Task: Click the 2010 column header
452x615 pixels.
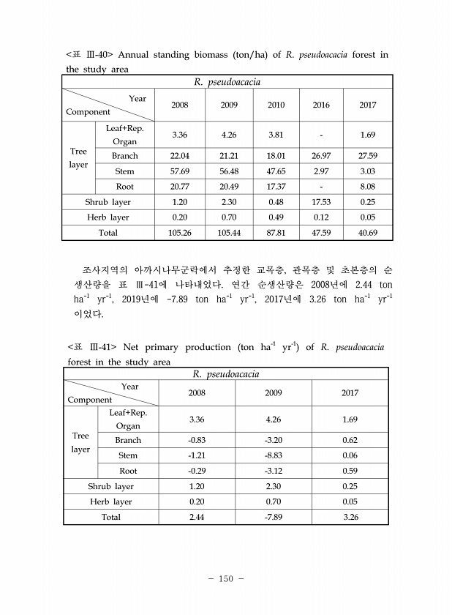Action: coord(276,105)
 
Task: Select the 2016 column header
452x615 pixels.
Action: coord(321,105)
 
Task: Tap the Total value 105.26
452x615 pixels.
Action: coord(179,233)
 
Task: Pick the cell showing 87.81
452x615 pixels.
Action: coord(276,233)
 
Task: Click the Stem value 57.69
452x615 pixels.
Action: coord(179,171)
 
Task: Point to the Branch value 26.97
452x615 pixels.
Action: coord(321,156)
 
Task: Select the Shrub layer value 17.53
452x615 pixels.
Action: coord(321,202)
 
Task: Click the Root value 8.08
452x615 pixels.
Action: coord(368,187)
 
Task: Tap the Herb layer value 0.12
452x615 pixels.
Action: coord(321,217)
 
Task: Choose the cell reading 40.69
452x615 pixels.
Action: coord(368,233)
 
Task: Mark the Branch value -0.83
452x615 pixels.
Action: coord(196,440)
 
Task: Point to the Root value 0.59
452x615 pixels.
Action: coord(350,471)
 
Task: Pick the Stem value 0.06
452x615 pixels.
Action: coord(350,455)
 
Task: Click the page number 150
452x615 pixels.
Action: coord(225,579)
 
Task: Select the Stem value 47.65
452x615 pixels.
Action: coord(276,171)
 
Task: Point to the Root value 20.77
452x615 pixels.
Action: coord(179,187)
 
